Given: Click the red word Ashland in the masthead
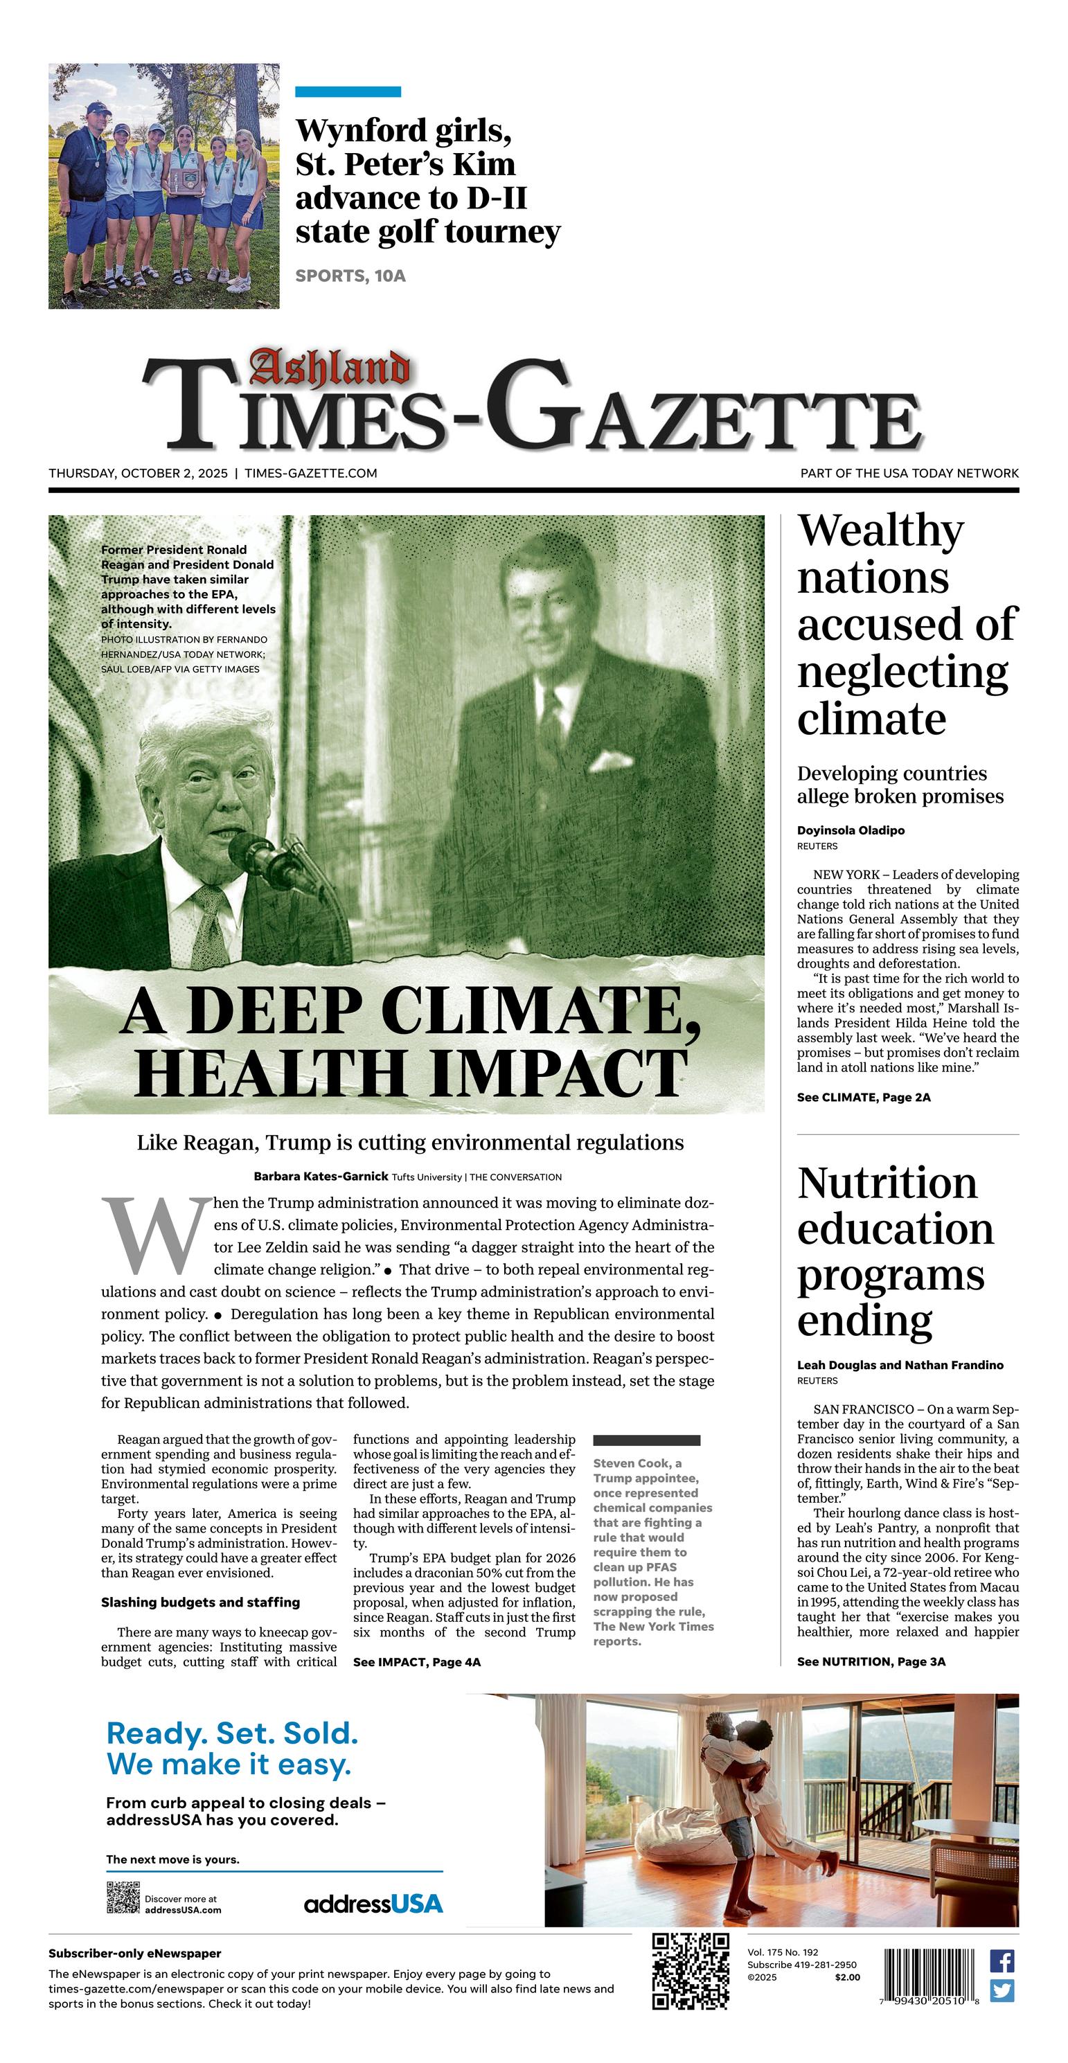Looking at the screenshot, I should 328,369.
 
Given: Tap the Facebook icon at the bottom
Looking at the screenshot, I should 1002,1961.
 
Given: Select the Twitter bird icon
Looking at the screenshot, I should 1002,1991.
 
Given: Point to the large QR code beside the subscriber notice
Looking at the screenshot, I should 690,1971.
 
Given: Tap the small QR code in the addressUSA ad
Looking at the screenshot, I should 123,1898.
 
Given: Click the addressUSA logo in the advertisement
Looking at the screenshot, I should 373,1904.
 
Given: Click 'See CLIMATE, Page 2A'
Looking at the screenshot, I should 863,1097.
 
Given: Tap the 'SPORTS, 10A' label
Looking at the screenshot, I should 350,276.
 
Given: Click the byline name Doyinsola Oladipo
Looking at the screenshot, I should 850,830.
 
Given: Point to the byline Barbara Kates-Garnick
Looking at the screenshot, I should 321,1177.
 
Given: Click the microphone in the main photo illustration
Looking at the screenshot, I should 260,857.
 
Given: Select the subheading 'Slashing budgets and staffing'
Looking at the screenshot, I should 200,1602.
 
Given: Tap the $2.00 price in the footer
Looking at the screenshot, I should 847,1977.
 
